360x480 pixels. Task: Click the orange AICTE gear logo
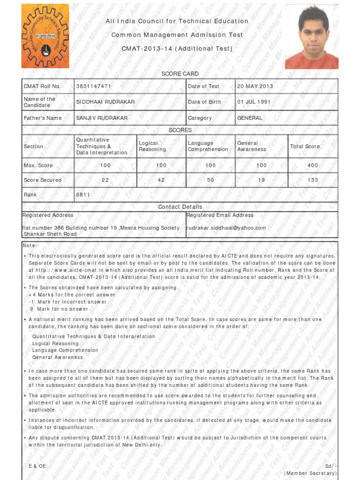tap(45, 36)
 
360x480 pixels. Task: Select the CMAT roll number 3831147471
tap(94, 86)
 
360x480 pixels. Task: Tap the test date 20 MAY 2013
tap(255, 86)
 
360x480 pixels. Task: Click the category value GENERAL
tap(250, 118)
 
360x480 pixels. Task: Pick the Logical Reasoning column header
tap(152, 146)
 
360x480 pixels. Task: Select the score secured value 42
tap(161, 180)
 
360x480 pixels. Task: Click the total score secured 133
tap(313, 180)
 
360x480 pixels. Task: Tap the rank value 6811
tap(83, 194)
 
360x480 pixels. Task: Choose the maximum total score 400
tap(313, 165)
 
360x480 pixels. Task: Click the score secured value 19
tap(262, 180)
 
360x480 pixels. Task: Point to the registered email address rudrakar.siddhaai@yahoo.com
tap(226, 228)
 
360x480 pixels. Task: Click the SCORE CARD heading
tap(180, 74)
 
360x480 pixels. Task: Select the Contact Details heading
tap(180, 207)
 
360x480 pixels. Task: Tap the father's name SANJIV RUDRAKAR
tap(102, 118)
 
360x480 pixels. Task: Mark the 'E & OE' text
tap(37, 466)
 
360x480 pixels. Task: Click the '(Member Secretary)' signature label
tap(310, 473)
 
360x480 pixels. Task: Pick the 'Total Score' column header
tap(305, 146)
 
